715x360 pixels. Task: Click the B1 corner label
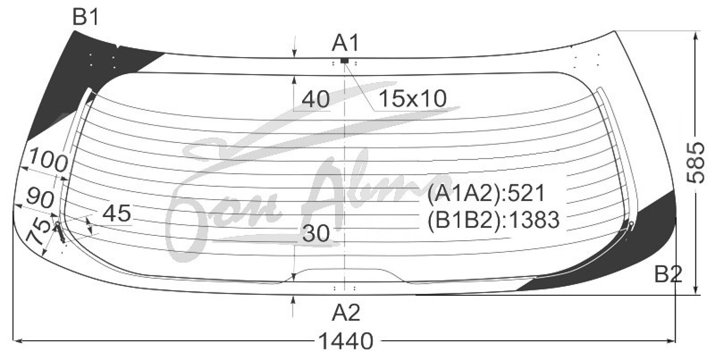[86, 17]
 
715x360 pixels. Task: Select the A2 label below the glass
[346, 312]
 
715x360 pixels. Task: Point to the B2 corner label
[668, 275]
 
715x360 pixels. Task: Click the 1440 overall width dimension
[346, 341]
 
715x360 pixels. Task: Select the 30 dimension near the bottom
[316, 233]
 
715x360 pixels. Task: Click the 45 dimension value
[117, 213]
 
